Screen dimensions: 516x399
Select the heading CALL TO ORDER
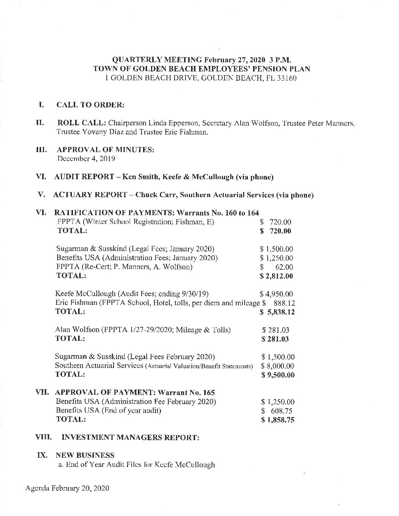(x=90, y=105)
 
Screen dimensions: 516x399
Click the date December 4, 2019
(x=87, y=159)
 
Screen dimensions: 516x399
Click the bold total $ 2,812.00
(x=276, y=276)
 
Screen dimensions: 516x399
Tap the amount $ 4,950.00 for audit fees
(x=276, y=294)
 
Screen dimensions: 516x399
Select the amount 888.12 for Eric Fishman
(x=285, y=303)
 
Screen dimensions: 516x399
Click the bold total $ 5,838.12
(x=277, y=312)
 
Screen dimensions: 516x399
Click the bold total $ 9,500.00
(x=278, y=375)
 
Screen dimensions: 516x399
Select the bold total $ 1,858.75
(x=278, y=420)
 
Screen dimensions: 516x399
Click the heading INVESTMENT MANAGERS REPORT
(x=131, y=438)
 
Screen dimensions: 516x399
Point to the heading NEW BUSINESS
(x=85, y=456)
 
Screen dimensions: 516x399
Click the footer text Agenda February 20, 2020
(x=67, y=488)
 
